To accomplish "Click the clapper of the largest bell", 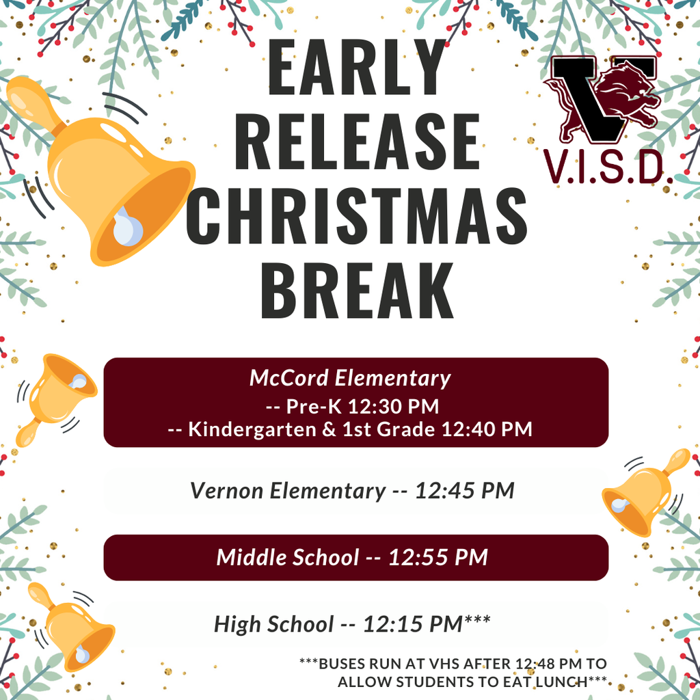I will coord(127,227).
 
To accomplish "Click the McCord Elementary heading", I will coord(350,378).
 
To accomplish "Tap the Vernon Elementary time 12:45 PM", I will coord(464,491).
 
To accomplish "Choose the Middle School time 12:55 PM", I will coord(438,557).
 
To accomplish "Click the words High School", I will coord(273,623).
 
